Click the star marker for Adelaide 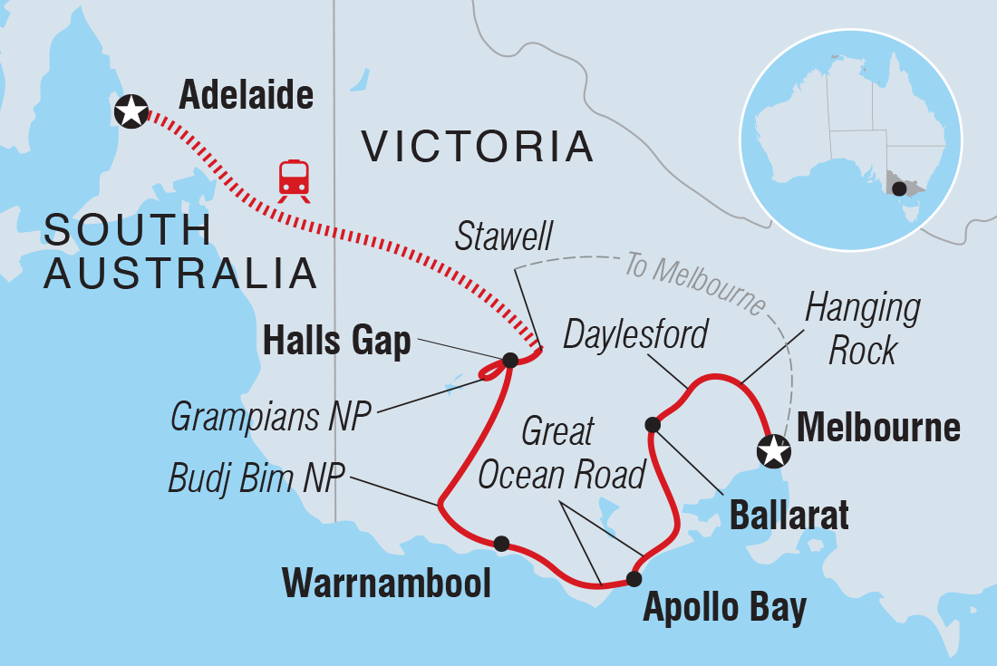(131, 111)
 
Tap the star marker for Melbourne (773, 449)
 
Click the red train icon (294, 179)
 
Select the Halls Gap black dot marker (509, 361)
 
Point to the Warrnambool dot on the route (501, 543)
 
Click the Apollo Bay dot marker (634, 579)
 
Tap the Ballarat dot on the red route (652, 424)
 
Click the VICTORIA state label (478, 146)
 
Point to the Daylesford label (635, 334)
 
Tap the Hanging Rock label (862, 328)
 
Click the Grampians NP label (271, 418)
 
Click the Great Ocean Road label (563, 452)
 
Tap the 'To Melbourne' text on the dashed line (694, 283)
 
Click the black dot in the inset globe (897, 188)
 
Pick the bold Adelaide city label (246, 94)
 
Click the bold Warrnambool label (386, 583)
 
